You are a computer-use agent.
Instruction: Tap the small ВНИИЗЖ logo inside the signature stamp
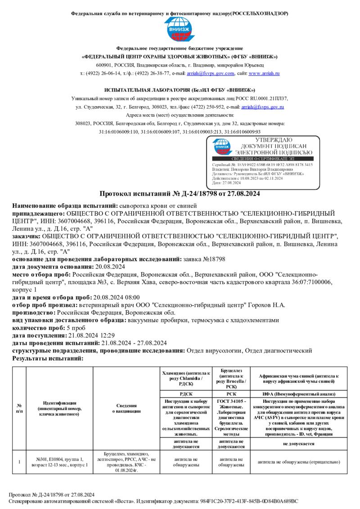pyautogui.click(x=221, y=147)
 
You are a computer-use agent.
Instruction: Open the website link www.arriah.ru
pyautogui.click(x=264, y=73)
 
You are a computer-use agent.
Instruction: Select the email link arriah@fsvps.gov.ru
pyautogui.click(x=263, y=107)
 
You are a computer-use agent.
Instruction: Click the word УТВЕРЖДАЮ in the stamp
pyautogui.click(x=273, y=140)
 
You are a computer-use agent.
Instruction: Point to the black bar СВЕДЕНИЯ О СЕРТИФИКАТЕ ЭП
pyautogui.click(x=263, y=159)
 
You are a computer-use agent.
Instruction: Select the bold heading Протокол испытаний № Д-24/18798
pyautogui.click(x=180, y=194)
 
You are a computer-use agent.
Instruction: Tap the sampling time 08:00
pyautogui.click(x=132, y=297)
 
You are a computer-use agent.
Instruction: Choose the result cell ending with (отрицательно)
pyautogui.click(x=298, y=462)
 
